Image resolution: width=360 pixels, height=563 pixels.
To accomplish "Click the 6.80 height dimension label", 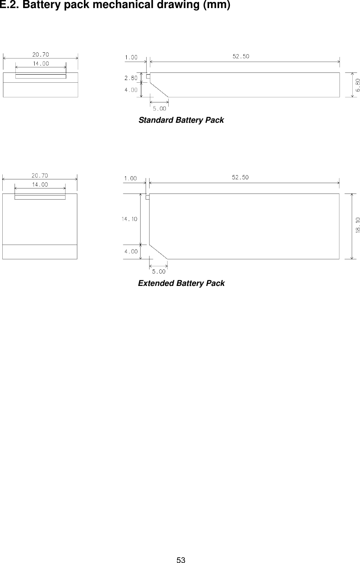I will (x=358, y=85).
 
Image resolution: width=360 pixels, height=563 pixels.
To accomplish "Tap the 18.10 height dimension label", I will (x=358, y=225).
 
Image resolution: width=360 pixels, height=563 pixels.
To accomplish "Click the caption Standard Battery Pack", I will (x=181, y=120).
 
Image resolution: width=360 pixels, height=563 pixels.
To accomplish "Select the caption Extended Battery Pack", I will (x=181, y=283).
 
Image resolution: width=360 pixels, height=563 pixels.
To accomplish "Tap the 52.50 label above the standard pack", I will (x=241, y=56).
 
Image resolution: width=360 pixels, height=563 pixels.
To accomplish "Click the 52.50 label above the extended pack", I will (x=240, y=177).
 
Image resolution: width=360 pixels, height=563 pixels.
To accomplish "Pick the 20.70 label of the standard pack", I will (x=40, y=54).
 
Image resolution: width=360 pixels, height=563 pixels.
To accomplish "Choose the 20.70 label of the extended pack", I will (x=39, y=176).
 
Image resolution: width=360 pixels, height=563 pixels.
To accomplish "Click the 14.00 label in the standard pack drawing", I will (x=40, y=63).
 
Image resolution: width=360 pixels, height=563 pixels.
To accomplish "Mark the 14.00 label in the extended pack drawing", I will (x=40, y=185).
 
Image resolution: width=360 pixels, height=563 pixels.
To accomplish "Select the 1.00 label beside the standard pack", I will (x=131, y=57).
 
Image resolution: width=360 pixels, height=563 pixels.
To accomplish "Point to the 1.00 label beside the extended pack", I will (x=130, y=178).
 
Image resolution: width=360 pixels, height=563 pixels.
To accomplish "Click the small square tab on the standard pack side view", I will (x=148, y=76).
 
